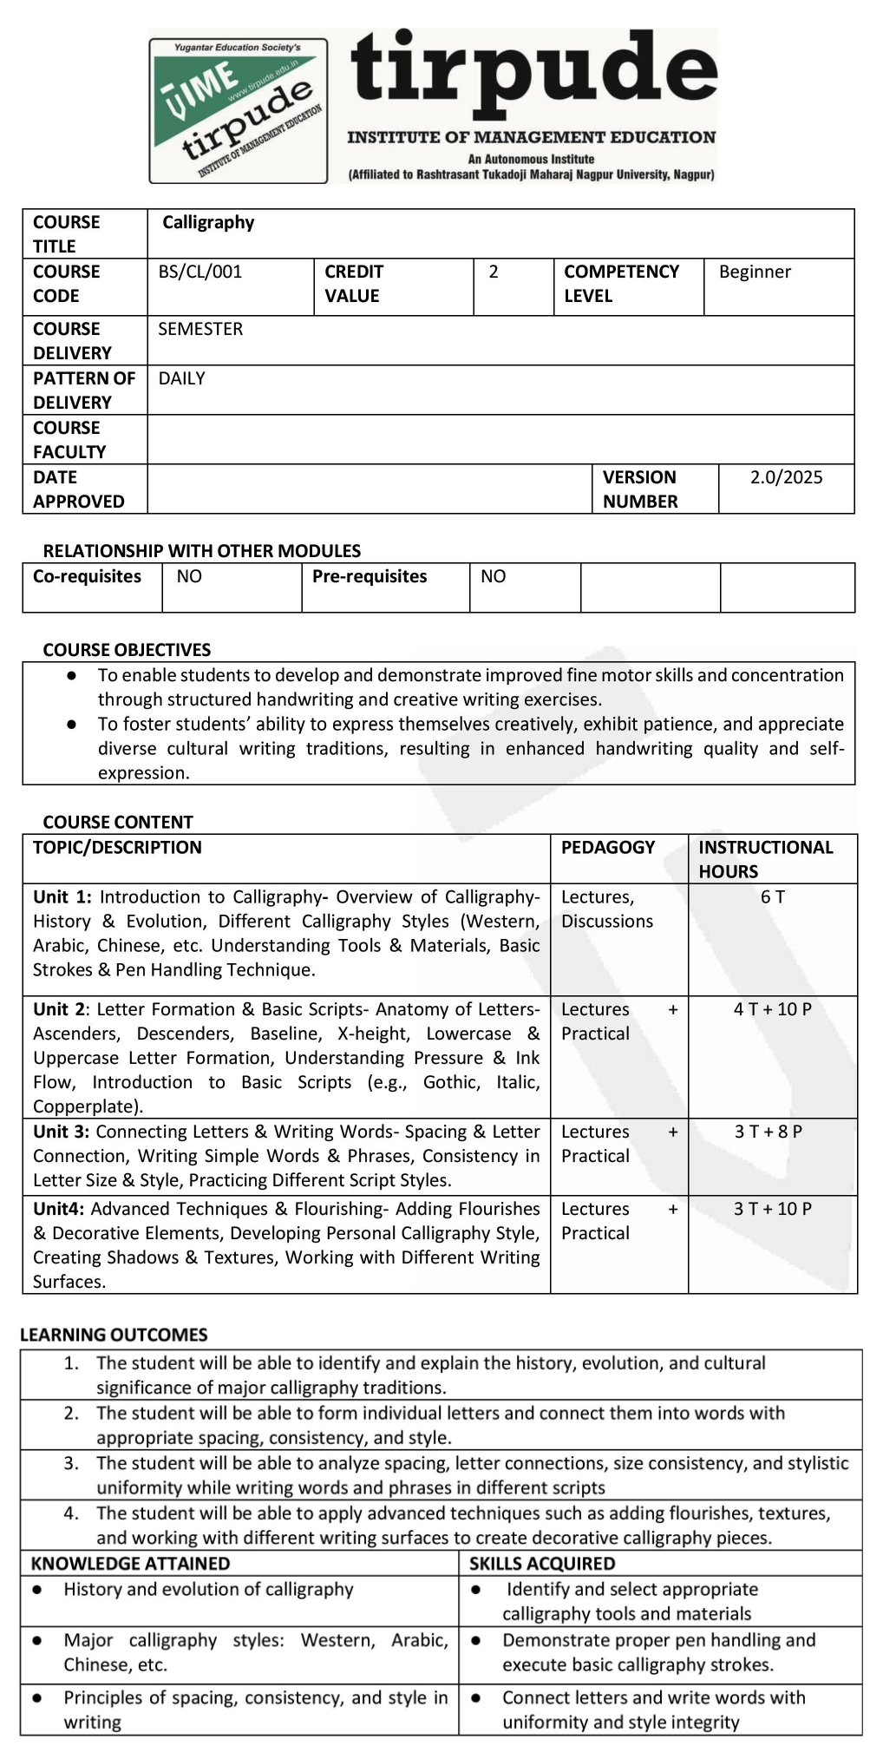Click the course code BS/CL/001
(x=200, y=272)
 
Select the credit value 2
(x=494, y=272)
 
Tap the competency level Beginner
(x=755, y=272)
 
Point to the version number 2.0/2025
(x=786, y=477)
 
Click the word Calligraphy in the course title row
(x=208, y=222)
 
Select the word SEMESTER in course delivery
(x=200, y=329)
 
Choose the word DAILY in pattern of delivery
(x=182, y=378)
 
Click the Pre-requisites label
(x=370, y=576)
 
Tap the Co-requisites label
(x=87, y=576)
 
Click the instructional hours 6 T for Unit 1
(x=772, y=896)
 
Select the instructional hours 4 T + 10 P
(x=772, y=1008)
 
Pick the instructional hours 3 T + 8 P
(x=769, y=1131)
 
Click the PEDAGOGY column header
(x=608, y=847)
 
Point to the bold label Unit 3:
(x=62, y=1131)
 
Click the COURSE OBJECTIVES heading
(x=127, y=650)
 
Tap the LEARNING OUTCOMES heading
(x=114, y=1335)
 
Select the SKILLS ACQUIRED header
(x=542, y=1563)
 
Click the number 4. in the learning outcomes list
(x=71, y=1513)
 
